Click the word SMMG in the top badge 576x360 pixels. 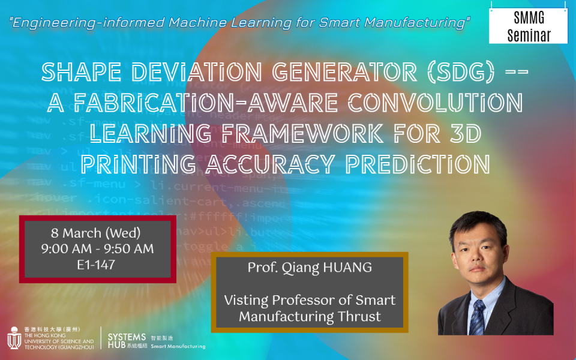(x=528, y=19)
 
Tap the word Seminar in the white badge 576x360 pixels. (x=528, y=35)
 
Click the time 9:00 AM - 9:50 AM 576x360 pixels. (x=98, y=248)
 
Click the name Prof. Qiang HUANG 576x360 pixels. (x=310, y=268)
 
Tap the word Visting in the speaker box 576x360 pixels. (x=247, y=300)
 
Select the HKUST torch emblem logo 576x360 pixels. (x=14, y=338)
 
